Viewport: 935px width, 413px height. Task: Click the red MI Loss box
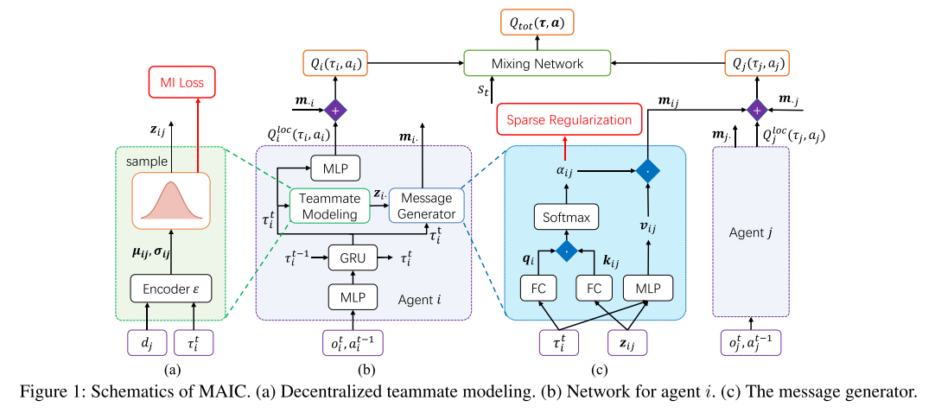181,83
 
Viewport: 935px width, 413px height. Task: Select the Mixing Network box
537,63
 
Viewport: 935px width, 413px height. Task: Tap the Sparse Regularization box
569,119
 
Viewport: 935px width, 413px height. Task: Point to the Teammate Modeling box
323,206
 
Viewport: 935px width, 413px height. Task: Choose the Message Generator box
427,206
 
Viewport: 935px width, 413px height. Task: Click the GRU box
353,257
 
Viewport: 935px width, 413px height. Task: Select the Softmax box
566,218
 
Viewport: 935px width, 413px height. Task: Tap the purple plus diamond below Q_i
335,110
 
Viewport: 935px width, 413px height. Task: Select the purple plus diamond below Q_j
757,110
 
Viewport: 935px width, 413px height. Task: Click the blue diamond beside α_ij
650,171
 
